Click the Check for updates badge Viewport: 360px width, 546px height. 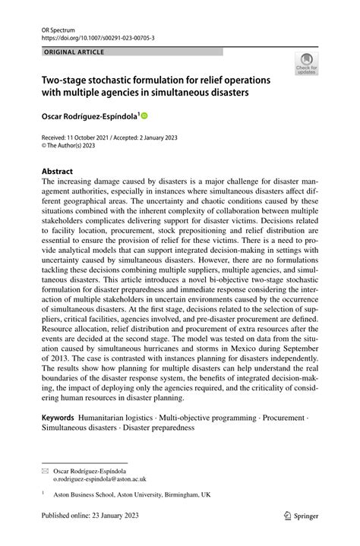click(307, 64)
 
